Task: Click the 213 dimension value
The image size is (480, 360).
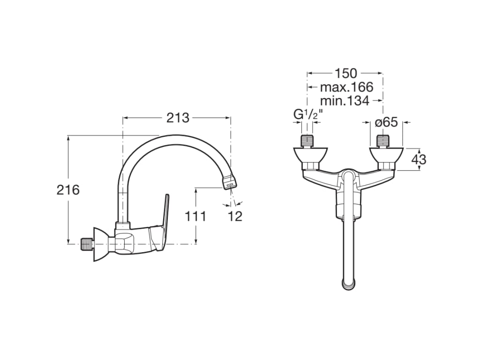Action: click(x=178, y=118)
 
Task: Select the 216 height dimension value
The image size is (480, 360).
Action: click(x=68, y=190)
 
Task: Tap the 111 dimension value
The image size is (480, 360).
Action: click(x=195, y=217)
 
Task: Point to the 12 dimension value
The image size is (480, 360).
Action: click(x=236, y=217)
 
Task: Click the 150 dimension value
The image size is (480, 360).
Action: click(x=345, y=73)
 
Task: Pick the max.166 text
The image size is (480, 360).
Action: click(x=346, y=87)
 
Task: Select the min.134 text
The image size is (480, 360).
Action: click(x=345, y=100)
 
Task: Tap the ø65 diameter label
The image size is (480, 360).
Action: click(x=387, y=122)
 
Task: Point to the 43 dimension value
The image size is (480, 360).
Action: click(x=419, y=159)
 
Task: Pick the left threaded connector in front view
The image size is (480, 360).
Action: click(x=307, y=141)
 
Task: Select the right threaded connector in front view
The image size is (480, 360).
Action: click(x=383, y=141)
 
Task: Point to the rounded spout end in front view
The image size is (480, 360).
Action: click(x=347, y=283)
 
